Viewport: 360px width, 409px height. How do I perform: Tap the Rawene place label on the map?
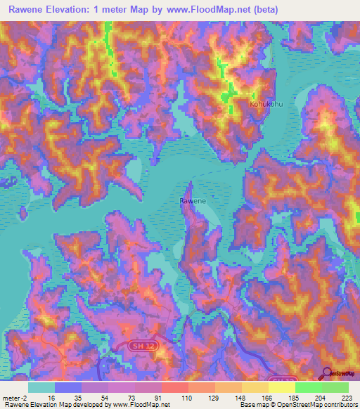click(x=193, y=201)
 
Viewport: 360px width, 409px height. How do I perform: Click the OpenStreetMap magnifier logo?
click(x=326, y=374)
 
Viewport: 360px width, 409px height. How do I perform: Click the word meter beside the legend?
click(x=11, y=397)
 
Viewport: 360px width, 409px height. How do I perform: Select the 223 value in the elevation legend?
click(x=348, y=397)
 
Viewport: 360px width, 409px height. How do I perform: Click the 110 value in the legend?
click(x=188, y=397)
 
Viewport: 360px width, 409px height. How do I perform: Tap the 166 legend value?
click(x=268, y=397)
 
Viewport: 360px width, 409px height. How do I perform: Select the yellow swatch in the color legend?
click(x=281, y=387)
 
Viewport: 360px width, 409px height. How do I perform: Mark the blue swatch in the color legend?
click(x=67, y=387)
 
